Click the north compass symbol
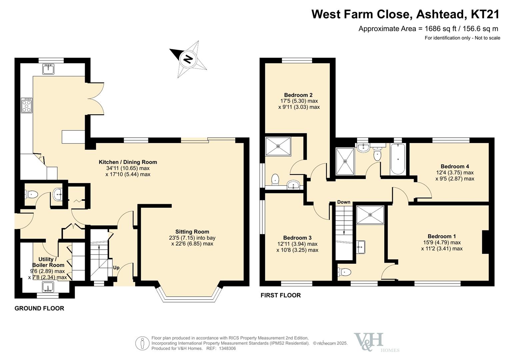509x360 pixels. point(188,59)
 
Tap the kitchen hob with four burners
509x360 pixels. point(27,105)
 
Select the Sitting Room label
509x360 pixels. point(192,232)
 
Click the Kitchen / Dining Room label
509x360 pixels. point(128,162)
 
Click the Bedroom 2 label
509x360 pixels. point(298,95)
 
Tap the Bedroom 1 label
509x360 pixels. point(442,236)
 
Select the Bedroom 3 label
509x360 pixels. point(297,238)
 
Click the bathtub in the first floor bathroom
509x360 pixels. point(397,159)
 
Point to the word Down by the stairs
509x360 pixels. point(344,202)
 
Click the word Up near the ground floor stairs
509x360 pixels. point(116,268)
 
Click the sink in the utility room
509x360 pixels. point(48,287)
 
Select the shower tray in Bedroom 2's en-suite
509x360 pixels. point(278,146)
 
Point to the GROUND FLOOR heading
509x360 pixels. point(39,308)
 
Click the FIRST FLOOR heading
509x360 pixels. point(281,295)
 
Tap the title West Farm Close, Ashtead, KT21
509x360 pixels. point(405,14)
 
